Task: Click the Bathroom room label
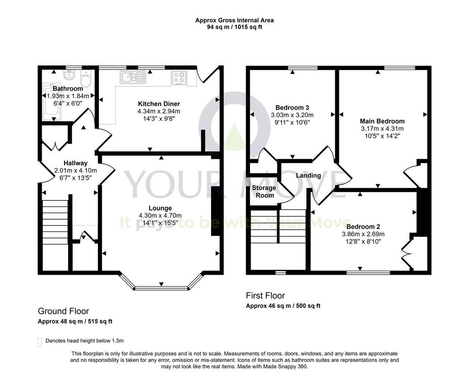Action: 68,88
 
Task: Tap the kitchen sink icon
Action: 133,77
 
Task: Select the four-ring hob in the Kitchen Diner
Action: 179,78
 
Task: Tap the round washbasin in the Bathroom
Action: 69,75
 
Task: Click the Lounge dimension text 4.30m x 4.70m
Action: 160,216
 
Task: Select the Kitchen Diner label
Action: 159,104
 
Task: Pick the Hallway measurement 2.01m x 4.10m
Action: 76,171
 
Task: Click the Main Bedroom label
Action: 382,121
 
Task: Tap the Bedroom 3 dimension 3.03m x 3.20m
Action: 292,115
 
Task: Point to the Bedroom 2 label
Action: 363,227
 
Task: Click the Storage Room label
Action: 264,192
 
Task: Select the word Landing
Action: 308,175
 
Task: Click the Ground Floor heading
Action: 63,311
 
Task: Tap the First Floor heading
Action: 265,296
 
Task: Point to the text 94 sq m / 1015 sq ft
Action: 234,27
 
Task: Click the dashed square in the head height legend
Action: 40,342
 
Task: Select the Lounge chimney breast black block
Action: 215,211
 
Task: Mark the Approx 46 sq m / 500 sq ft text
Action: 283,306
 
